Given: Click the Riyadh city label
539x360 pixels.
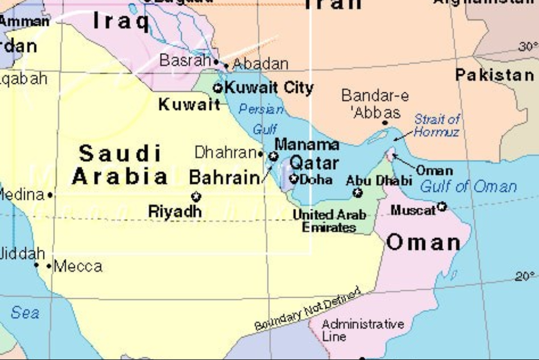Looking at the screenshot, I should [175, 211].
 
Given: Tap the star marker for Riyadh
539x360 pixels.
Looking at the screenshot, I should [196, 197].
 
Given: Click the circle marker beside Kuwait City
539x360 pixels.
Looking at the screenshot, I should [218, 88].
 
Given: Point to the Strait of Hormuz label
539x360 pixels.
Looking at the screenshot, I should [436, 125].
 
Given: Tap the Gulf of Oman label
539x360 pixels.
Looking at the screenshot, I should [468, 186].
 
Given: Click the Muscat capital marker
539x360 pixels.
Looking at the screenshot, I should [442, 206].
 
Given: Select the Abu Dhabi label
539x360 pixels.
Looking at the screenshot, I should [379, 180].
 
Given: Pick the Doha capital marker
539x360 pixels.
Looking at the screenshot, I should [294, 178].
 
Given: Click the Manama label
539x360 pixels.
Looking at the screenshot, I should [307, 145].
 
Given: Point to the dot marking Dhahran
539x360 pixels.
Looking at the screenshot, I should [261, 154].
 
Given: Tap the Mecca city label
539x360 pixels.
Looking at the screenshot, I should [78, 266].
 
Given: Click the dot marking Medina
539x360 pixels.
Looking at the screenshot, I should [51, 195].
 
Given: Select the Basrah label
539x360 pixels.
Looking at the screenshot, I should [185, 61].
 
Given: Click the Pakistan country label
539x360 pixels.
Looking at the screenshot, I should [494, 75].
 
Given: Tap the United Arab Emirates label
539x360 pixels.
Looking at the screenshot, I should [329, 221].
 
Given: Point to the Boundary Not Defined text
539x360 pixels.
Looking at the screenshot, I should [307, 310].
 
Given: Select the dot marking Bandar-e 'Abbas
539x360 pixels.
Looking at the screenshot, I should [385, 123].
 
